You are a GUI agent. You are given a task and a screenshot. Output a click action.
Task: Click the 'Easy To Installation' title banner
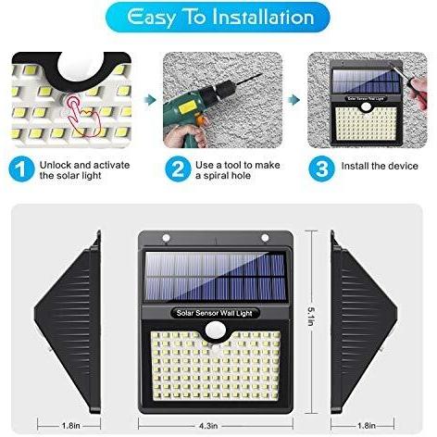click(x=218, y=18)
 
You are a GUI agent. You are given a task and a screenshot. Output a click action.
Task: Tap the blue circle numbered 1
click(x=22, y=169)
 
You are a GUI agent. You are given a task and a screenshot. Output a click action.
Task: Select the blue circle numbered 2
click(x=178, y=169)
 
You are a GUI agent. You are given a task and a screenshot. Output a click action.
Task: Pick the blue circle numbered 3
click(x=322, y=169)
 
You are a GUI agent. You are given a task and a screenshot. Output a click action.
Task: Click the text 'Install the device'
click(x=380, y=166)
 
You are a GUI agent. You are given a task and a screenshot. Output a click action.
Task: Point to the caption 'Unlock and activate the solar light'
click(x=84, y=170)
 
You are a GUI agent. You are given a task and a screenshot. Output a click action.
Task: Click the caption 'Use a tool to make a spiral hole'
click(x=238, y=170)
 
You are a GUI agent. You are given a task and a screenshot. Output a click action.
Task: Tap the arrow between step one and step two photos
click(x=149, y=100)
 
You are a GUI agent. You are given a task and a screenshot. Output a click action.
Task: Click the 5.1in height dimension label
click(x=312, y=317)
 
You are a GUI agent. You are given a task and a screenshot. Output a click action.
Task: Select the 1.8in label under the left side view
click(x=71, y=426)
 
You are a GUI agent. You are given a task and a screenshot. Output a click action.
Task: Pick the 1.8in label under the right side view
click(x=367, y=426)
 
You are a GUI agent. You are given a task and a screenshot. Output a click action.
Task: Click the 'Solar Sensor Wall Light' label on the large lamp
click(x=215, y=313)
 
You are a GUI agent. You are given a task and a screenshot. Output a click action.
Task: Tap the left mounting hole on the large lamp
click(x=166, y=238)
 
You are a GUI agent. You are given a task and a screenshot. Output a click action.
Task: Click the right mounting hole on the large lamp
click(x=265, y=238)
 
